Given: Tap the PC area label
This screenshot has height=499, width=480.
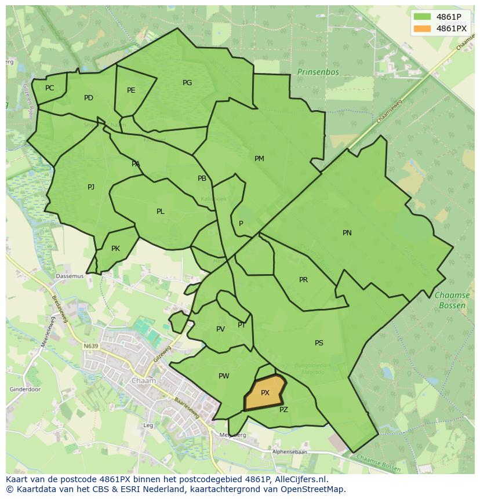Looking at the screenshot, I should coord(49,88).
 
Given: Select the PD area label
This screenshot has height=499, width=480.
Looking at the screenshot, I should coord(88,98).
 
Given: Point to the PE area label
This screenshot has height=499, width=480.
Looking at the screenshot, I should coord(131,90).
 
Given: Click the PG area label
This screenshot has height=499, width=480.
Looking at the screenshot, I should coord(187,83).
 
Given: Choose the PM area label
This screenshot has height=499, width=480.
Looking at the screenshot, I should coord(259,159).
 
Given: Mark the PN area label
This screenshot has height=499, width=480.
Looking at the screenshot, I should coord(347,233).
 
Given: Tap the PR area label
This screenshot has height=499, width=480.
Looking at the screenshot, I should coord(303,280).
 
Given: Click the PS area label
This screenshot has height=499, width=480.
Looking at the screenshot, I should coord(319,343).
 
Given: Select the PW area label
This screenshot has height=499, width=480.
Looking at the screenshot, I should coord(224,376).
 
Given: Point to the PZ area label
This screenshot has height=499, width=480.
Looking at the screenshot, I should coord(283,410).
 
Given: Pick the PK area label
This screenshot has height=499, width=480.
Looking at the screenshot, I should coord(115,249).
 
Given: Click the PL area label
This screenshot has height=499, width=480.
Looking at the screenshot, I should coord(161,212).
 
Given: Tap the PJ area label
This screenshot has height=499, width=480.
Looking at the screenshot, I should coord(91,187).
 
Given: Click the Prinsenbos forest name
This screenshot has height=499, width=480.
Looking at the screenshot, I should coord(318,72).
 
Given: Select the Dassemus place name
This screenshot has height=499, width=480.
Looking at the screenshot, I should coord(70,276).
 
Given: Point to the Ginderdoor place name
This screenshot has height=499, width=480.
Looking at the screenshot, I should coord(25,389).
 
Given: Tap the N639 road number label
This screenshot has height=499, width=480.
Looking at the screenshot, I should coord(90,346).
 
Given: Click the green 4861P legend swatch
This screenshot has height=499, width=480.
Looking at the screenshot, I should coord(423,16).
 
